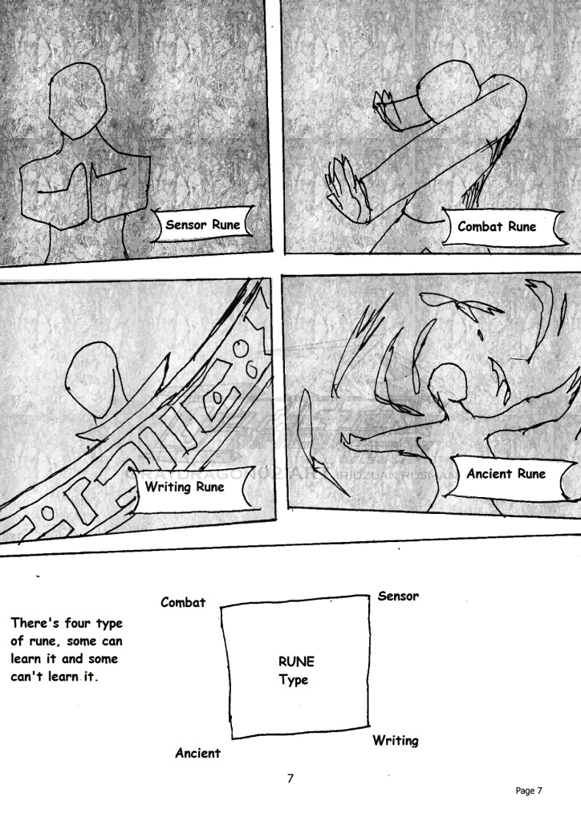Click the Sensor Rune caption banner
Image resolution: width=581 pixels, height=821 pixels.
[202, 225]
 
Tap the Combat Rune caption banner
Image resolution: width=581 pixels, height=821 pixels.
[497, 226]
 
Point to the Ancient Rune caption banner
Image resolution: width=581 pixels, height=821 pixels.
[506, 474]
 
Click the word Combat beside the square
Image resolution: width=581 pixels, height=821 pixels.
[183, 602]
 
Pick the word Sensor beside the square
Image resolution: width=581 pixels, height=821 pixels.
[398, 596]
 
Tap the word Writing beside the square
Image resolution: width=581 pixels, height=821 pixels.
[395, 741]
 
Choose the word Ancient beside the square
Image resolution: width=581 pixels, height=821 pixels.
[197, 754]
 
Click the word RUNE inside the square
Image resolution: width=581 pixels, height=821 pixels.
[296, 662]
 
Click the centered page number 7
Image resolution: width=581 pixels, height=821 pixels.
[290, 778]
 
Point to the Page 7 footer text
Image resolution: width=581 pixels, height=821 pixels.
[529, 791]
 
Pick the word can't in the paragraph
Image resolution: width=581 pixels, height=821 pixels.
[30, 677]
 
